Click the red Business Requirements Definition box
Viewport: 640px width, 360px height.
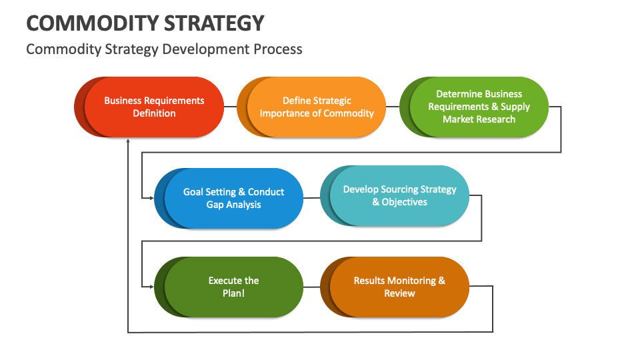pyautogui.click(x=154, y=107)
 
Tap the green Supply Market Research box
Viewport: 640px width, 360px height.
pyautogui.click(x=479, y=107)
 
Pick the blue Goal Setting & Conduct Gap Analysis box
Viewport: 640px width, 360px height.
pyautogui.click(x=233, y=198)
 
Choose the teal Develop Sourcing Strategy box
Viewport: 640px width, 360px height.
pyautogui.click(x=399, y=195)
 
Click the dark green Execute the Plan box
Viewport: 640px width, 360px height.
pyautogui.click(x=233, y=287)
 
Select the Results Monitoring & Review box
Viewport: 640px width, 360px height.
pyautogui.click(x=399, y=287)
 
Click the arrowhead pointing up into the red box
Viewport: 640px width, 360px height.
pyautogui.click(x=127, y=141)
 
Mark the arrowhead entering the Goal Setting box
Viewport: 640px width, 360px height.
pyautogui.click(x=149, y=198)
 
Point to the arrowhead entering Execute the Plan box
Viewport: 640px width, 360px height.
pyautogui.click(x=149, y=287)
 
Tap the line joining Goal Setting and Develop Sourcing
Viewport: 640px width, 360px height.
pyautogui.click(x=312, y=197)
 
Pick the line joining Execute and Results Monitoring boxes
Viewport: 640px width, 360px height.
pyautogui.click(x=312, y=287)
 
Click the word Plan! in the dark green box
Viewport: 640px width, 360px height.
pyautogui.click(x=233, y=293)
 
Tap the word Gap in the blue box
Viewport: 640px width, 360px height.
pyautogui.click(x=215, y=205)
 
